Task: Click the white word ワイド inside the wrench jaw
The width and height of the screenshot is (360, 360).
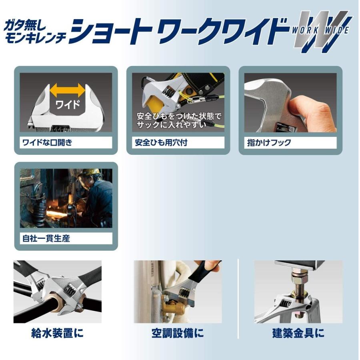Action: click(x=68, y=105)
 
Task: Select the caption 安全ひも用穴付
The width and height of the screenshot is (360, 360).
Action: click(x=161, y=142)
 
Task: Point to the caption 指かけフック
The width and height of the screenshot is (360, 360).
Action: click(x=269, y=142)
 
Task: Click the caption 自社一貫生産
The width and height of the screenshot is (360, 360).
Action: click(x=46, y=238)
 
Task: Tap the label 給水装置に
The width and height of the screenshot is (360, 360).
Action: click(x=57, y=333)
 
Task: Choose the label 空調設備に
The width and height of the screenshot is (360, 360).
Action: click(x=178, y=333)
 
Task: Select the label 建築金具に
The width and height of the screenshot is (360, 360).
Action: click(x=298, y=333)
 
